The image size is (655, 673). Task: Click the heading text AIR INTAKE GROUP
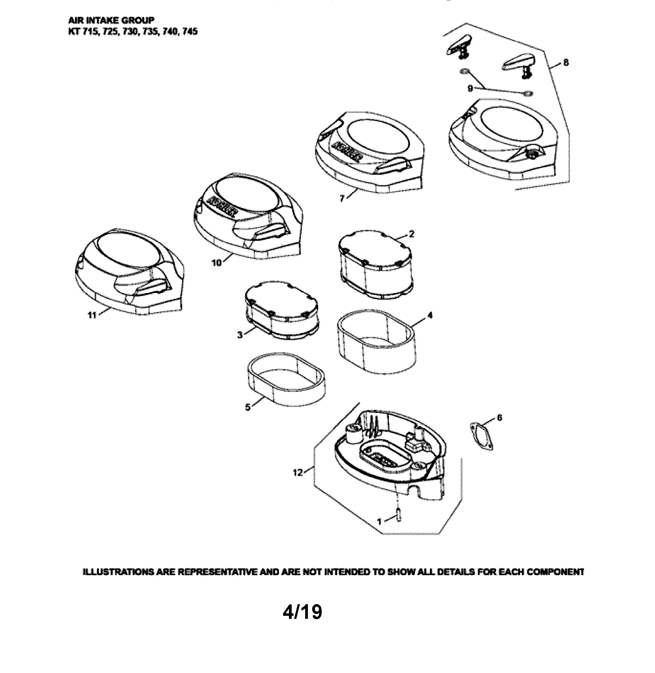pyautogui.click(x=111, y=20)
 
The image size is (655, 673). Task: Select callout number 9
pyautogui.click(x=470, y=88)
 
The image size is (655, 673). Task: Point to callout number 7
pyautogui.click(x=342, y=199)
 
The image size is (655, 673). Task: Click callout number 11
pyautogui.click(x=92, y=315)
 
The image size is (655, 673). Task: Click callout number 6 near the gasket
pyautogui.click(x=500, y=418)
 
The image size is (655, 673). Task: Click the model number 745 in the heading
pyautogui.click(x=190, y=32)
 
